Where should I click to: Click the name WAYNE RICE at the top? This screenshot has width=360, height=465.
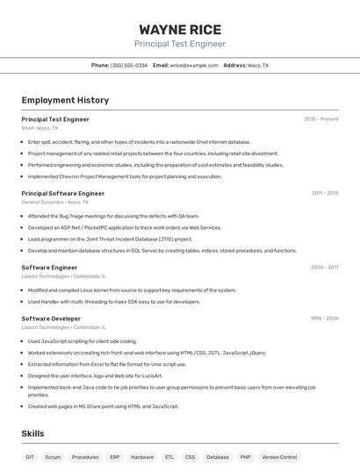(180, 29)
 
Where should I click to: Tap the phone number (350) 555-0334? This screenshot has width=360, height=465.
(128, 65)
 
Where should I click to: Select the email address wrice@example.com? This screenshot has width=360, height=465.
(193, 65)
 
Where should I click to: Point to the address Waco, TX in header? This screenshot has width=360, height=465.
(258, 65)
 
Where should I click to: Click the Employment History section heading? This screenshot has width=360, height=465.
(65, 100)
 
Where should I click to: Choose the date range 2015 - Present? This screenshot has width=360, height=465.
(320, 119)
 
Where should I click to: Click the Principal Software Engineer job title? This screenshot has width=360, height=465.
(62, 193)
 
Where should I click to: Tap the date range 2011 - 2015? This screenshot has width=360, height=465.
(324, 193)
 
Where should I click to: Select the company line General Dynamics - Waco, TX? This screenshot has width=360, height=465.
(54, 202)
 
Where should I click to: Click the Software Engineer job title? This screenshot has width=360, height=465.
(49, 268)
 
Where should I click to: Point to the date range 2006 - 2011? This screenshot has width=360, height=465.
(324, 268)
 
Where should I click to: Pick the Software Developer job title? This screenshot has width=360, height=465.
(51, 318)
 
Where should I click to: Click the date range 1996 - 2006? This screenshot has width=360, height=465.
(324, 318)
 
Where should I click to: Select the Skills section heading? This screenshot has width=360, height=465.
(32, 433)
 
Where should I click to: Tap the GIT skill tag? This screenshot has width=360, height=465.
(30, 457)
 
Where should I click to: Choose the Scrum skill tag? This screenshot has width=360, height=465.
(53, 457)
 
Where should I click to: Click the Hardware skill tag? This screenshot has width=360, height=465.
(141, 457)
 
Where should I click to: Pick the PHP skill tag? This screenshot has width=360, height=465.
(245, 457)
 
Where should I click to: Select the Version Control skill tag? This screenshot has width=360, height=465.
(279, 457)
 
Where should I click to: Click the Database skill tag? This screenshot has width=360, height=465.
(217, 457)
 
